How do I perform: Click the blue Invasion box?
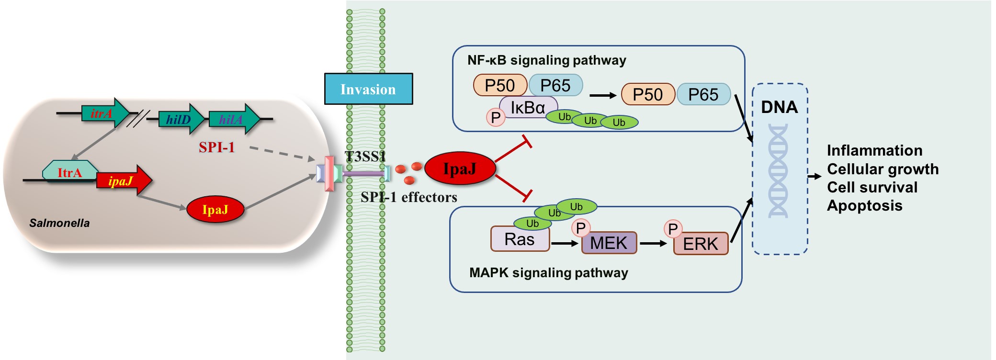click(x=368, y=89)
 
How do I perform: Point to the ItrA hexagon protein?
click(x=70, y=172)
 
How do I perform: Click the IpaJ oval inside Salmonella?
click(x=215, y=209)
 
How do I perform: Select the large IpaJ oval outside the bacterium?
click(x=460, y=168)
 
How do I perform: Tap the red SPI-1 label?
click(x=216, y=147)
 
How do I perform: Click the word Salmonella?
click(x=59, y=223)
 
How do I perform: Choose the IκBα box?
click(x=528, y=108)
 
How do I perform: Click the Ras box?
click(x=520, y=239)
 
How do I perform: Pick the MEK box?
click(x=609, y=243)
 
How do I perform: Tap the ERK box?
click(x=701, y=244)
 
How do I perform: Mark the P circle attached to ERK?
click(x=673, y=229)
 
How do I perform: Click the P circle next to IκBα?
click(x=496, y=117)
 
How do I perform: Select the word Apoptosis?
click(x=864, y=205)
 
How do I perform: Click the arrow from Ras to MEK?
click(x=565, y=243)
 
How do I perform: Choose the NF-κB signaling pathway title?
click(x=546, y=60)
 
